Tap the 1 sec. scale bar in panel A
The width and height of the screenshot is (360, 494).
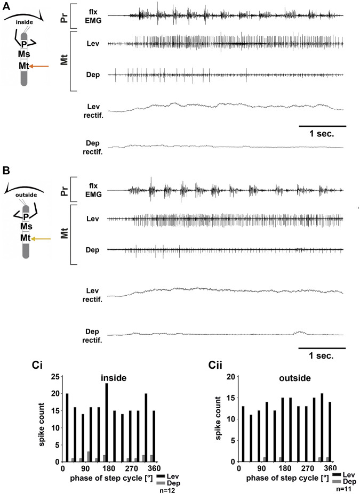click(x=322, y=126)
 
